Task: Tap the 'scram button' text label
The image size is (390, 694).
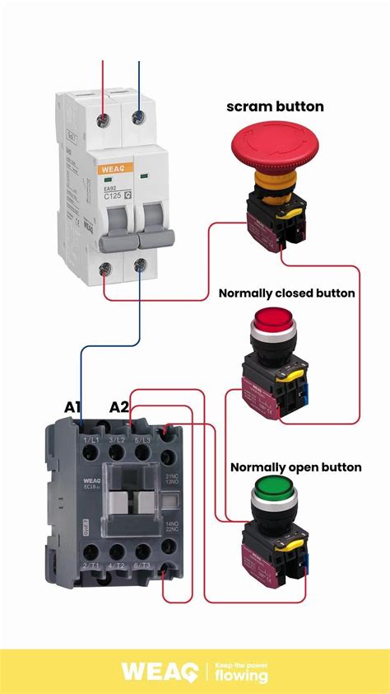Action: point(275,106)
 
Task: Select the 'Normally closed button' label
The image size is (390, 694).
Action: point(286,293)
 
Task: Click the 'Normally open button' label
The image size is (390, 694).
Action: point(295,467)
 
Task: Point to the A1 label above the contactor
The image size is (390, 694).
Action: point(74,406)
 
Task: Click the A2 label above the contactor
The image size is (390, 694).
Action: point(119,406)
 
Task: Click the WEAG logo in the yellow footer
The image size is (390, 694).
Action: point(157,671)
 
